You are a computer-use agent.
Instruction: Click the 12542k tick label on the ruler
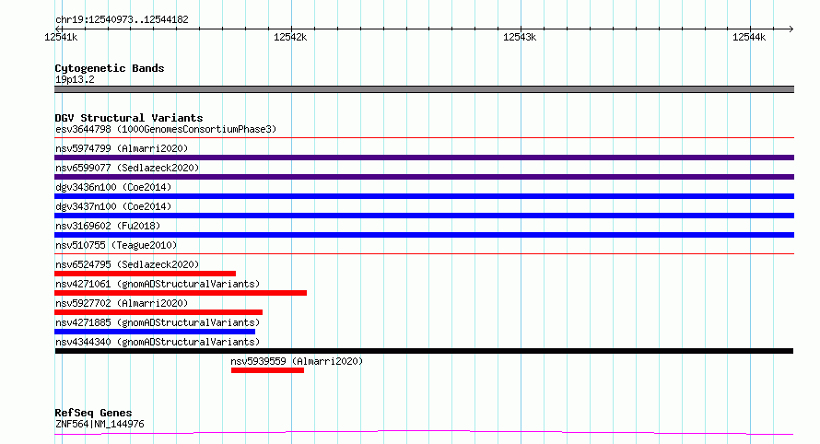point(290,37)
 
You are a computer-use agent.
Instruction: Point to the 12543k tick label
point(520,37)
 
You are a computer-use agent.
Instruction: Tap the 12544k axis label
point(749,37)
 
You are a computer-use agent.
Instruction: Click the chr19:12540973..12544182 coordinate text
point(122,20)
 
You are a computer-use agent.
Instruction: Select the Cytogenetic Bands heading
point(110,68)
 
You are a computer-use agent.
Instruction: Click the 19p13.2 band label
point(75,79)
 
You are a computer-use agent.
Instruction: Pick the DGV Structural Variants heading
point(129,118)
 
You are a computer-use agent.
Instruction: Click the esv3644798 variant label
point(83,129)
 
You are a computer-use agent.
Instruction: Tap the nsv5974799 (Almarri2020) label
point(122,148)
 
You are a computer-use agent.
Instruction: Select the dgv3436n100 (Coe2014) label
point(113,187)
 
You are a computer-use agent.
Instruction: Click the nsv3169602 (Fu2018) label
point(108,226)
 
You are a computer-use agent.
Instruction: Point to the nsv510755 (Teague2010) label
point(116,245)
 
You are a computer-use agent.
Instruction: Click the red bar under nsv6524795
point(145,274)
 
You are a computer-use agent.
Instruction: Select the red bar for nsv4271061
point(181,293)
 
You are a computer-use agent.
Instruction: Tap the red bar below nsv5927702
point(158,312)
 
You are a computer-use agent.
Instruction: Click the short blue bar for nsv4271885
point(155,332)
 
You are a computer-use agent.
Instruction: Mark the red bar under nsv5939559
point(267,370)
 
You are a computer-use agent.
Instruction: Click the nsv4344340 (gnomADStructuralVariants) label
point(158,342)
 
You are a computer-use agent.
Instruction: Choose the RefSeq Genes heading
point(94,413)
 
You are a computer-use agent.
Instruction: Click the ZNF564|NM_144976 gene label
point(100,424)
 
